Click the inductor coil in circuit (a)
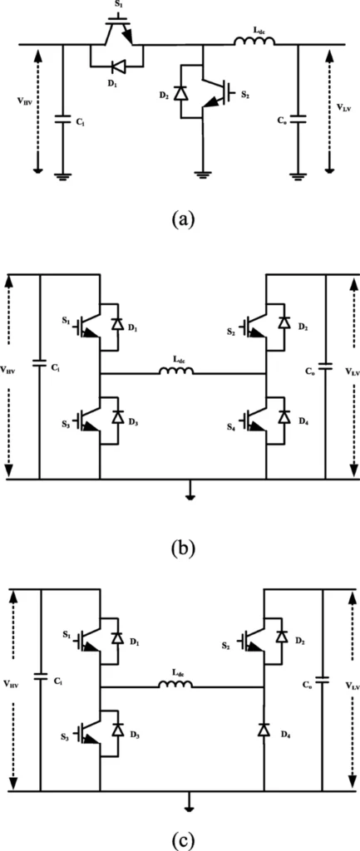tap(254, 42)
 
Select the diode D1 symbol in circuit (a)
tap(116, 67)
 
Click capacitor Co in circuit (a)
tap(298, 119)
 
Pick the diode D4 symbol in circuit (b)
tap(283, 417)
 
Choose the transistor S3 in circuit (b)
tap(88, 420)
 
